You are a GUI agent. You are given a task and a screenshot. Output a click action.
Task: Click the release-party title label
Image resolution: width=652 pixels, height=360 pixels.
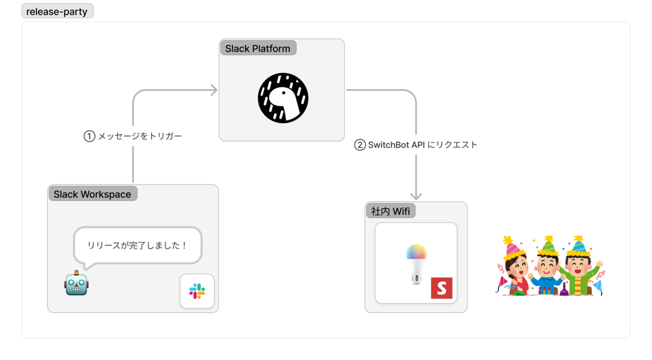57,11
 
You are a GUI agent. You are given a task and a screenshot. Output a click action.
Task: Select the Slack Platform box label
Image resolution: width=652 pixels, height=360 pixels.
258,48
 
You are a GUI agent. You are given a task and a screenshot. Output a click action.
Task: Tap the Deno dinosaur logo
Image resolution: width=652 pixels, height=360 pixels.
283,98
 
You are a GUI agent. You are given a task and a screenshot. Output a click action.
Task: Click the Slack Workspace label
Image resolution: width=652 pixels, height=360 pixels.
92,194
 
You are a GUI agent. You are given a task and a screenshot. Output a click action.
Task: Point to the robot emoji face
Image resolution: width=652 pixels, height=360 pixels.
76,283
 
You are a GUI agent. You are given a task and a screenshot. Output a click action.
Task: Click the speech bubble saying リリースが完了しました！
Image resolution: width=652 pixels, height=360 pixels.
137,245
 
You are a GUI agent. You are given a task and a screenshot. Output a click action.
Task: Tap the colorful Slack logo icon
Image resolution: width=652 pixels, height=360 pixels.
197,291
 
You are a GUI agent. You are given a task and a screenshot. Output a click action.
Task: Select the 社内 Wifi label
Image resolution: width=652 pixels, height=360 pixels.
390,211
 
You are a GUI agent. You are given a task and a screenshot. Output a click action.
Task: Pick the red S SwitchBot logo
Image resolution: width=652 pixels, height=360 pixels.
442,288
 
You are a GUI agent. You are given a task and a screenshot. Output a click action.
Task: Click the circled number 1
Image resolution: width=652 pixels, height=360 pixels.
89,136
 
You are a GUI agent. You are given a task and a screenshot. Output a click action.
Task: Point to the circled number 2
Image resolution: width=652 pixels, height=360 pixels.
360,145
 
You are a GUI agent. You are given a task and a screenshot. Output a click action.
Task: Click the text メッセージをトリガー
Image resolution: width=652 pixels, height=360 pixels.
140,136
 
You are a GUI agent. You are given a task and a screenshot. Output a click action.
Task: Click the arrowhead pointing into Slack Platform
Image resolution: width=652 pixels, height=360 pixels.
214,90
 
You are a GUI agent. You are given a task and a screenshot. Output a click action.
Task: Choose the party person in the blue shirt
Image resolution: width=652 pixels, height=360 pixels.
546,271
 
